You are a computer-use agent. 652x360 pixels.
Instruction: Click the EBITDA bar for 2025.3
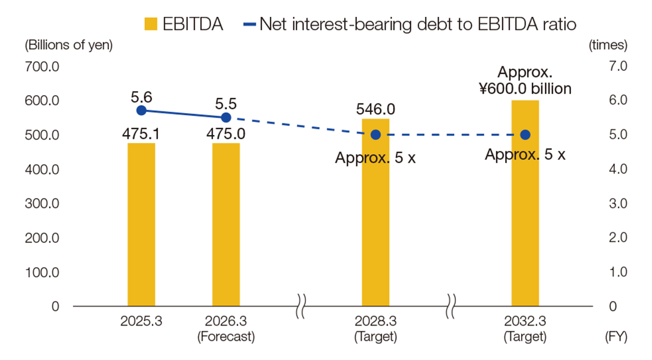point(141,225)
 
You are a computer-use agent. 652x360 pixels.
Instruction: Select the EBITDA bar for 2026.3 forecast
point(226,225)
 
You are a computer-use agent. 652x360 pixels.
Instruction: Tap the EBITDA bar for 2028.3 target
point(375,225)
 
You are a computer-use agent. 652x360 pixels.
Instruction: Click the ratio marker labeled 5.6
point(141,110)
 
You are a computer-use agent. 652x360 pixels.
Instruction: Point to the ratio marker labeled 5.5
point(226,117)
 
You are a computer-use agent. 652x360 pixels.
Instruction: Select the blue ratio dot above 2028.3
point(375,134)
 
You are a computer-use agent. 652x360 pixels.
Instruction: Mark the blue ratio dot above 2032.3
point(525,134)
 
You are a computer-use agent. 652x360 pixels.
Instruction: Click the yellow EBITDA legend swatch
point(150,24)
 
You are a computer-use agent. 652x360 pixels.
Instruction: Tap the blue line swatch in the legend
point(250,24)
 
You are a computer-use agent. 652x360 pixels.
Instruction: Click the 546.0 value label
point(375,109)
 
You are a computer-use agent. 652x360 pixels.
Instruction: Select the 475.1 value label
point(141,134)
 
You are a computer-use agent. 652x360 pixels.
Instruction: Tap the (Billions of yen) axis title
point(68,45)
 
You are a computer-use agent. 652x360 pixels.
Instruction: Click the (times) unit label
point(608,45)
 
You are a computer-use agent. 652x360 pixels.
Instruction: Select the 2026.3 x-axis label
point(226,322)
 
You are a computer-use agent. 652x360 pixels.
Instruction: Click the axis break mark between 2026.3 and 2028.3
point(300,306)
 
